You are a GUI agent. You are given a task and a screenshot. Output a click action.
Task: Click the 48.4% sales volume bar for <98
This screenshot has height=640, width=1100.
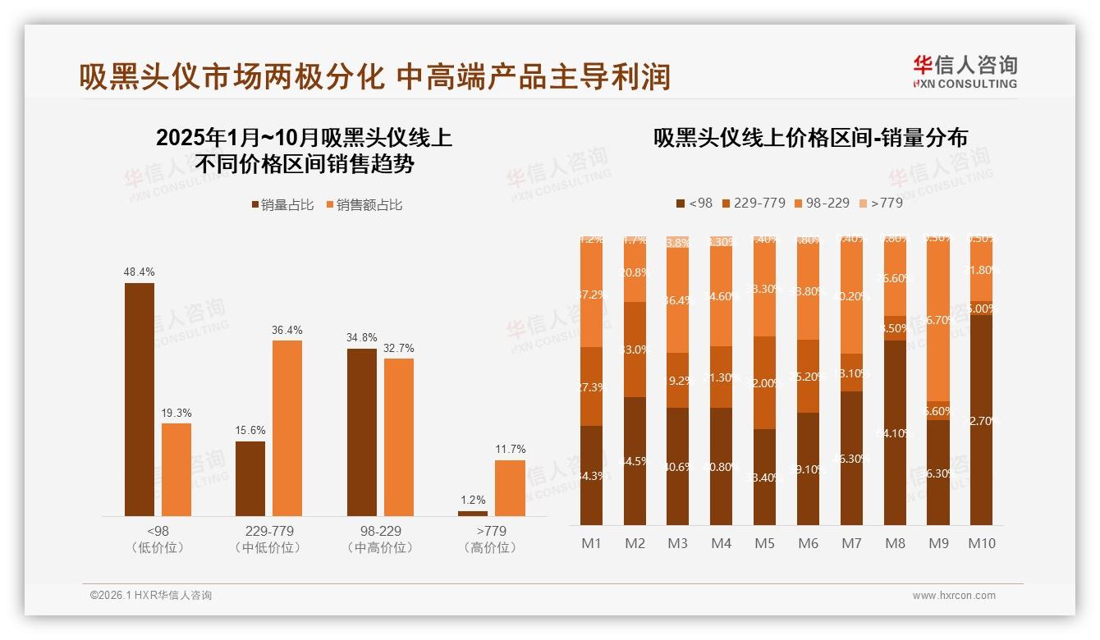pyautogui.click(x=140, y=399)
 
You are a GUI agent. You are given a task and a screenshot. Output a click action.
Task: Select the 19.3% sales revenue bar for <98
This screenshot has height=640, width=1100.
pyautogui.click(x=176, y=469)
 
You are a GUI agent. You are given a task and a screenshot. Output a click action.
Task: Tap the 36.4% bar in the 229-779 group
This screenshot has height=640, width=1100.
pyautogui.click(x=287, y=427)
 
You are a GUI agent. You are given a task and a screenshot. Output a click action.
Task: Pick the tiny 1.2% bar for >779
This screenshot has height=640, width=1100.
pyautogui.click(x=472, y=514)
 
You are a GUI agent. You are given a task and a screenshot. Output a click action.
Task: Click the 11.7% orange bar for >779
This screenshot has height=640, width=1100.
pyautogui.click(x=510, y=487)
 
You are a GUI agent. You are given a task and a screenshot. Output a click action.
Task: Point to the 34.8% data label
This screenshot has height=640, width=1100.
pyautogui.click(x=362, y=338)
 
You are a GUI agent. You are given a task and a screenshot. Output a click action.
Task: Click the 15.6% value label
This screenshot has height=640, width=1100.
pyautogui.click(x=250, y=431)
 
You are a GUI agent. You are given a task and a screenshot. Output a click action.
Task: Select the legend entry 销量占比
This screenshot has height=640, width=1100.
pyautogui.click(x=282, y=205)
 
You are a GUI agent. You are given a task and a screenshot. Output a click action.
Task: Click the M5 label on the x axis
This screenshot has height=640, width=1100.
pyautogui.click(x=764, y=543)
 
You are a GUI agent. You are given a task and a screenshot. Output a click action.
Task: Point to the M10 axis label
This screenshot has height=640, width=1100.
pyautogui.click(x=981, y=543)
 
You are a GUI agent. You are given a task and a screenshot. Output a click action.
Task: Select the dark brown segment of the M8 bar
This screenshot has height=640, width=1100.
pyautogui.click(x=895, y=432)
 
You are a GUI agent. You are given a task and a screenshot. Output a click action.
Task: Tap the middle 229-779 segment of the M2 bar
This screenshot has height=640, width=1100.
pyautogui.click(x=635, y=350)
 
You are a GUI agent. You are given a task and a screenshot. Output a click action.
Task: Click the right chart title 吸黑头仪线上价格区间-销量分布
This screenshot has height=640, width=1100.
pyautogui.click(x=810, y=138)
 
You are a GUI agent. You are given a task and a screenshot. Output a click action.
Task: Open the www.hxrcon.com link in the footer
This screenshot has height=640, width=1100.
pyautogui.click(x=954, y=596)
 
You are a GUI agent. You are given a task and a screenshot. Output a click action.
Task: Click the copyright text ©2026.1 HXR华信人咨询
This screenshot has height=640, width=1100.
pyautogui.click(x=151, y=596)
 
